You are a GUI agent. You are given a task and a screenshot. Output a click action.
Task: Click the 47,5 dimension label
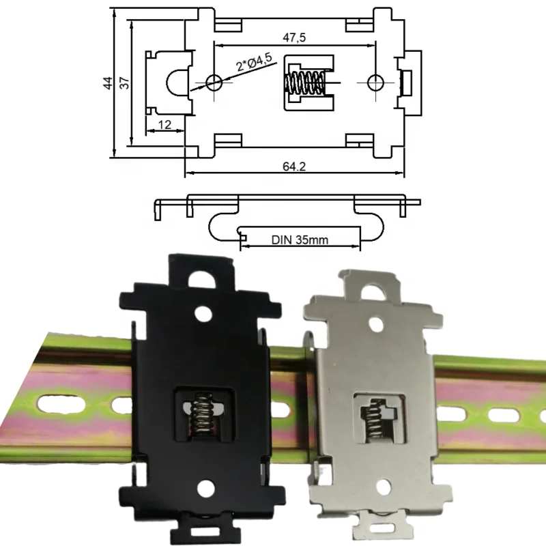295,36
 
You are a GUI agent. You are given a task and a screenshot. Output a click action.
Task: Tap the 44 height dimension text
108,83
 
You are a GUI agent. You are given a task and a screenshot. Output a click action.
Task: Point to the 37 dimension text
124,83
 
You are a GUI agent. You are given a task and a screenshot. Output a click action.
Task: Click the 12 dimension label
164,125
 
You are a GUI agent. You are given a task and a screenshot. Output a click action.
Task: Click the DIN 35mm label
300,240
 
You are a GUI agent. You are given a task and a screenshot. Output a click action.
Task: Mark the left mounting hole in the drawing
214,83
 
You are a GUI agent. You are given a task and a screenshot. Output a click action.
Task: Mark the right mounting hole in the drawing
375,83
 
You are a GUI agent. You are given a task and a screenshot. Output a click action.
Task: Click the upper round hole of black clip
201,313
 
